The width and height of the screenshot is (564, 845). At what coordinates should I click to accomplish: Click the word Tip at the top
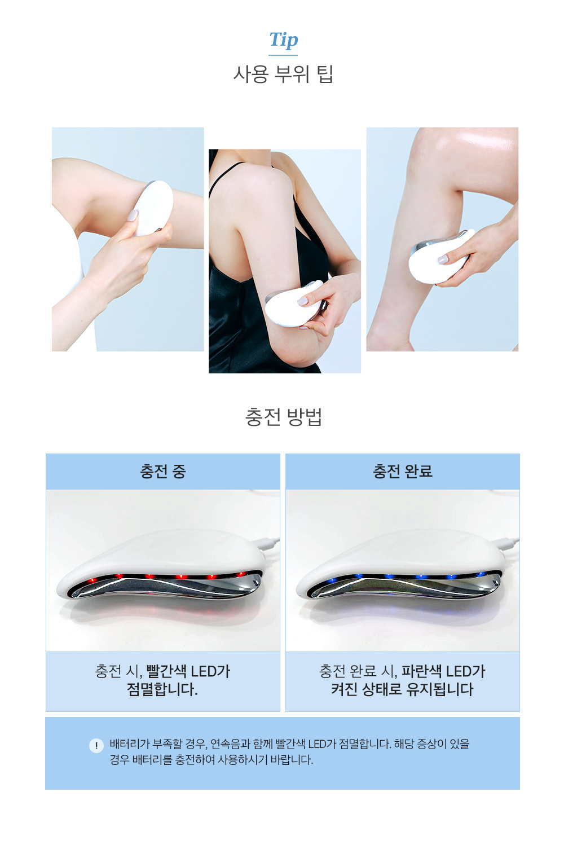[x=283, y=41]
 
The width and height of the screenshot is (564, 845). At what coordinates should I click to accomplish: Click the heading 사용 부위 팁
[x=283, y=74]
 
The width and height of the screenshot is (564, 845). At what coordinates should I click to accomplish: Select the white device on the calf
[x=439, y=256]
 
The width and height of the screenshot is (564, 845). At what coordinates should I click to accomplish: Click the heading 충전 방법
[x=283, y=417]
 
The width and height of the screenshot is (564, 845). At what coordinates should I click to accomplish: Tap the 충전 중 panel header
[x=163, y=471]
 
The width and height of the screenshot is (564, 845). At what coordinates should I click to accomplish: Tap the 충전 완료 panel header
[x=403, y=471]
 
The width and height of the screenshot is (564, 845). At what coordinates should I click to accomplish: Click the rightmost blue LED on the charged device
[x=482, y=575]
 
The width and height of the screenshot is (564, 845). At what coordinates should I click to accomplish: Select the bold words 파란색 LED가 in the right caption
[x=443, y=671]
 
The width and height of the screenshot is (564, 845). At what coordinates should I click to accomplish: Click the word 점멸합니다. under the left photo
[x=162, y=689]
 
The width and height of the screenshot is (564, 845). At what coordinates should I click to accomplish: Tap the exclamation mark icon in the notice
[x=96, y=745]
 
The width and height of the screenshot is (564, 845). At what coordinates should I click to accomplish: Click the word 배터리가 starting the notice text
[x=127, y=744]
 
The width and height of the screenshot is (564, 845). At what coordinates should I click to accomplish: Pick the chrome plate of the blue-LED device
[x=406, y=587]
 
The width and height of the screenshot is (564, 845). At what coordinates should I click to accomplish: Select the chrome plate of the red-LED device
[x=166, y=587]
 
